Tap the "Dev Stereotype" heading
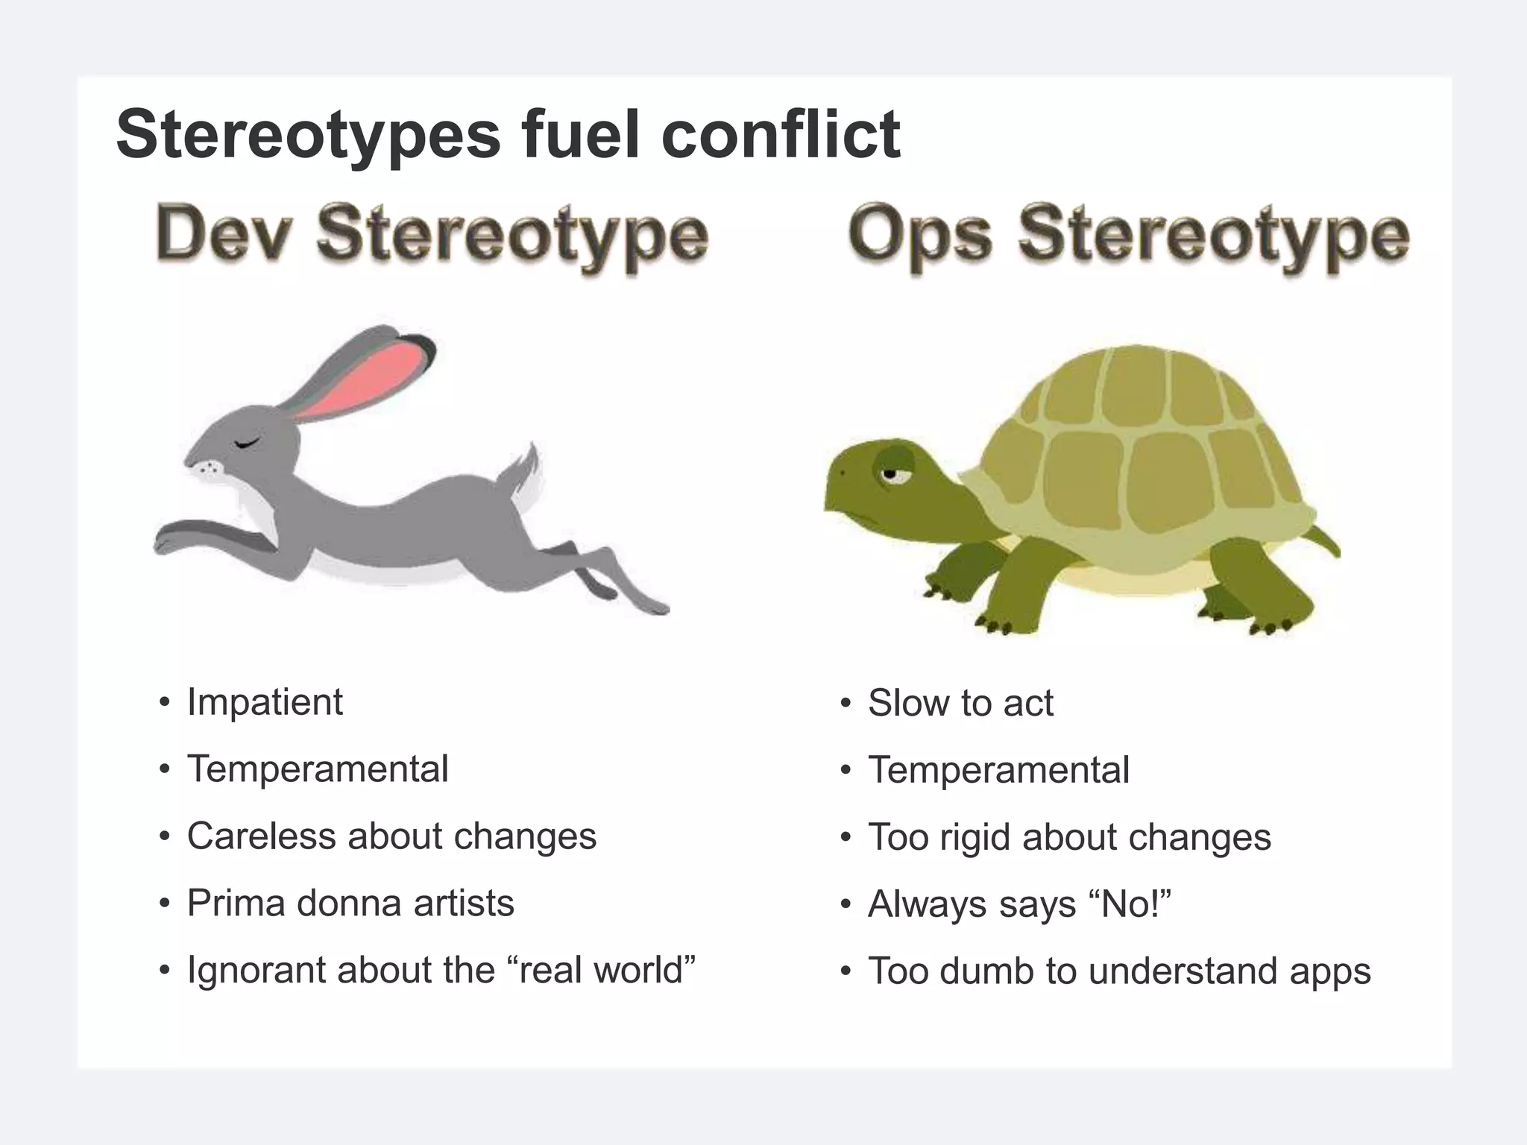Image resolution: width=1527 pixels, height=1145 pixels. pyautogui.click(x=432, y=235)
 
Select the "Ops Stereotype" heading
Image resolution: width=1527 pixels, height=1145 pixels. pyautogui.click(x=1128, y=235)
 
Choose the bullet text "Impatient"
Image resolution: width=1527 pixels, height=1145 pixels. pyautogui.click(x=265, y=702)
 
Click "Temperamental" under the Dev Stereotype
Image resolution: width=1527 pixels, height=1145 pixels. pyautogui.click(x=318, y=769)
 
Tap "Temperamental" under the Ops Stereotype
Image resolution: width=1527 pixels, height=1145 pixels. pyautogui.click(x=998, y=770)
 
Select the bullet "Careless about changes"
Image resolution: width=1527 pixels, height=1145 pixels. pyautogui.click(x=391, y=836)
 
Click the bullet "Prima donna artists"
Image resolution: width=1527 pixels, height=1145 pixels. pyautogui.click(x=350, y=903)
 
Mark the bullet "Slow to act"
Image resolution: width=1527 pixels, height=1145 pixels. pyautogui.click(x=960, y=703)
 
